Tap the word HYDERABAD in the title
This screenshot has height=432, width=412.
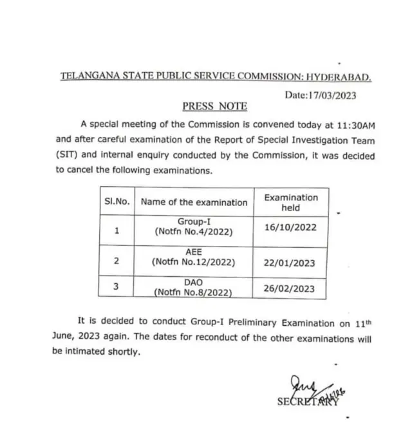[x=339, y=77]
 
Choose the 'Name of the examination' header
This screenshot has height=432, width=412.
[x=194, y=202]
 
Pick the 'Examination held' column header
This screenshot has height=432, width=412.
[x=290, y=203]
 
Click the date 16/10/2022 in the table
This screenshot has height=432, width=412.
[x=290, y=227]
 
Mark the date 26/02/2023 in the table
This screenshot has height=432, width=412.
[x=290, y=288]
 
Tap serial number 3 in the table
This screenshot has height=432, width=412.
[x=117, y=286]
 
